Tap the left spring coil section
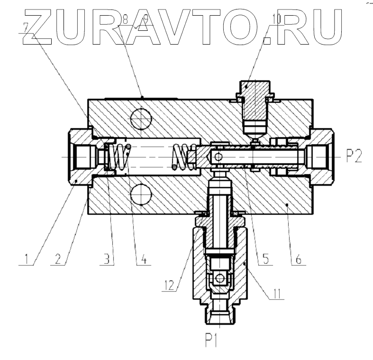[x=121, y=157]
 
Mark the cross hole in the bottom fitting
[x=219, y=278]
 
